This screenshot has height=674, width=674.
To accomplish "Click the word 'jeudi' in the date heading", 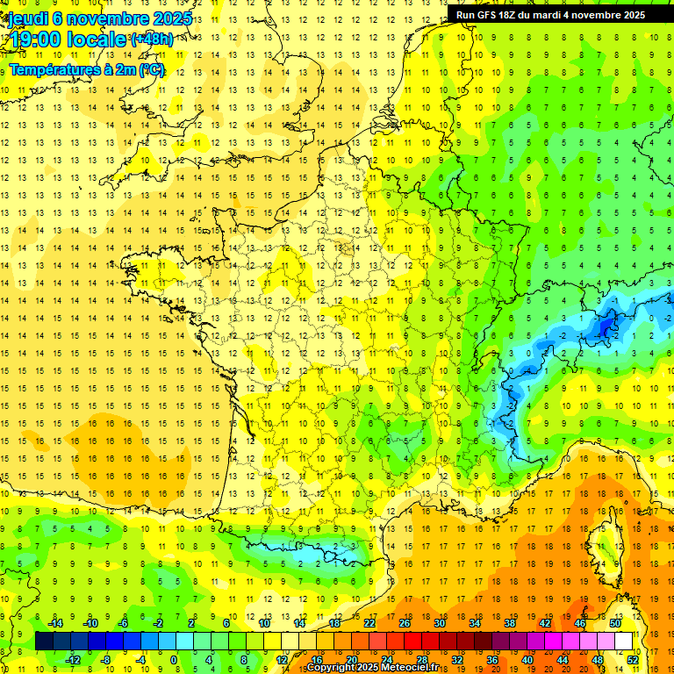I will [x=28, y=18].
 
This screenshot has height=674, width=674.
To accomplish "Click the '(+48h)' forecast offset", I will [x=151, y=39].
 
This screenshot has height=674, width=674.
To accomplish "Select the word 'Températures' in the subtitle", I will [x=54, y=69].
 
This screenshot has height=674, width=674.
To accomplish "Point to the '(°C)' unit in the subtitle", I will [x=151, y=69].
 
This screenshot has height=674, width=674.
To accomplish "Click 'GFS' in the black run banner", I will [x=492, y=15].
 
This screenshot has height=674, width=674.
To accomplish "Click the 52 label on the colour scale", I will [x=633, y=660].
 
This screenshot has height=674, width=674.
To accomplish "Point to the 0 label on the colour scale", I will [x=174, y=660].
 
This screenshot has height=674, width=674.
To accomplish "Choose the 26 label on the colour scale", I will [x=405, y=623].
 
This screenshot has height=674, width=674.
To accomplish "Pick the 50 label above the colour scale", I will [x=615, y=623].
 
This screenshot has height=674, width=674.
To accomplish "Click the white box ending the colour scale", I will [x=624, y=642].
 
